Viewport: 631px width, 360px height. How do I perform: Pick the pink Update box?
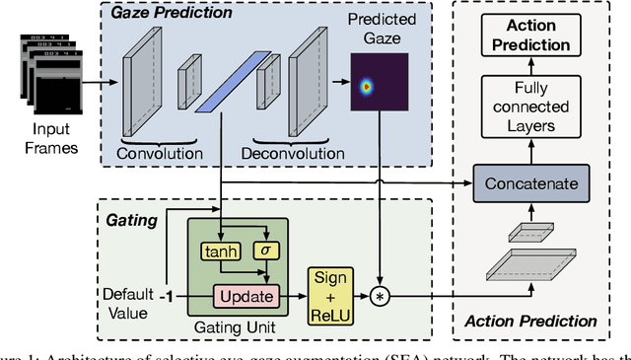tap(240, 295)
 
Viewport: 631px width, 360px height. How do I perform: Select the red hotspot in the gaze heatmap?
tap(368, 88)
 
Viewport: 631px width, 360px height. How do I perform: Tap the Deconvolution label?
tap(295, 153)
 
